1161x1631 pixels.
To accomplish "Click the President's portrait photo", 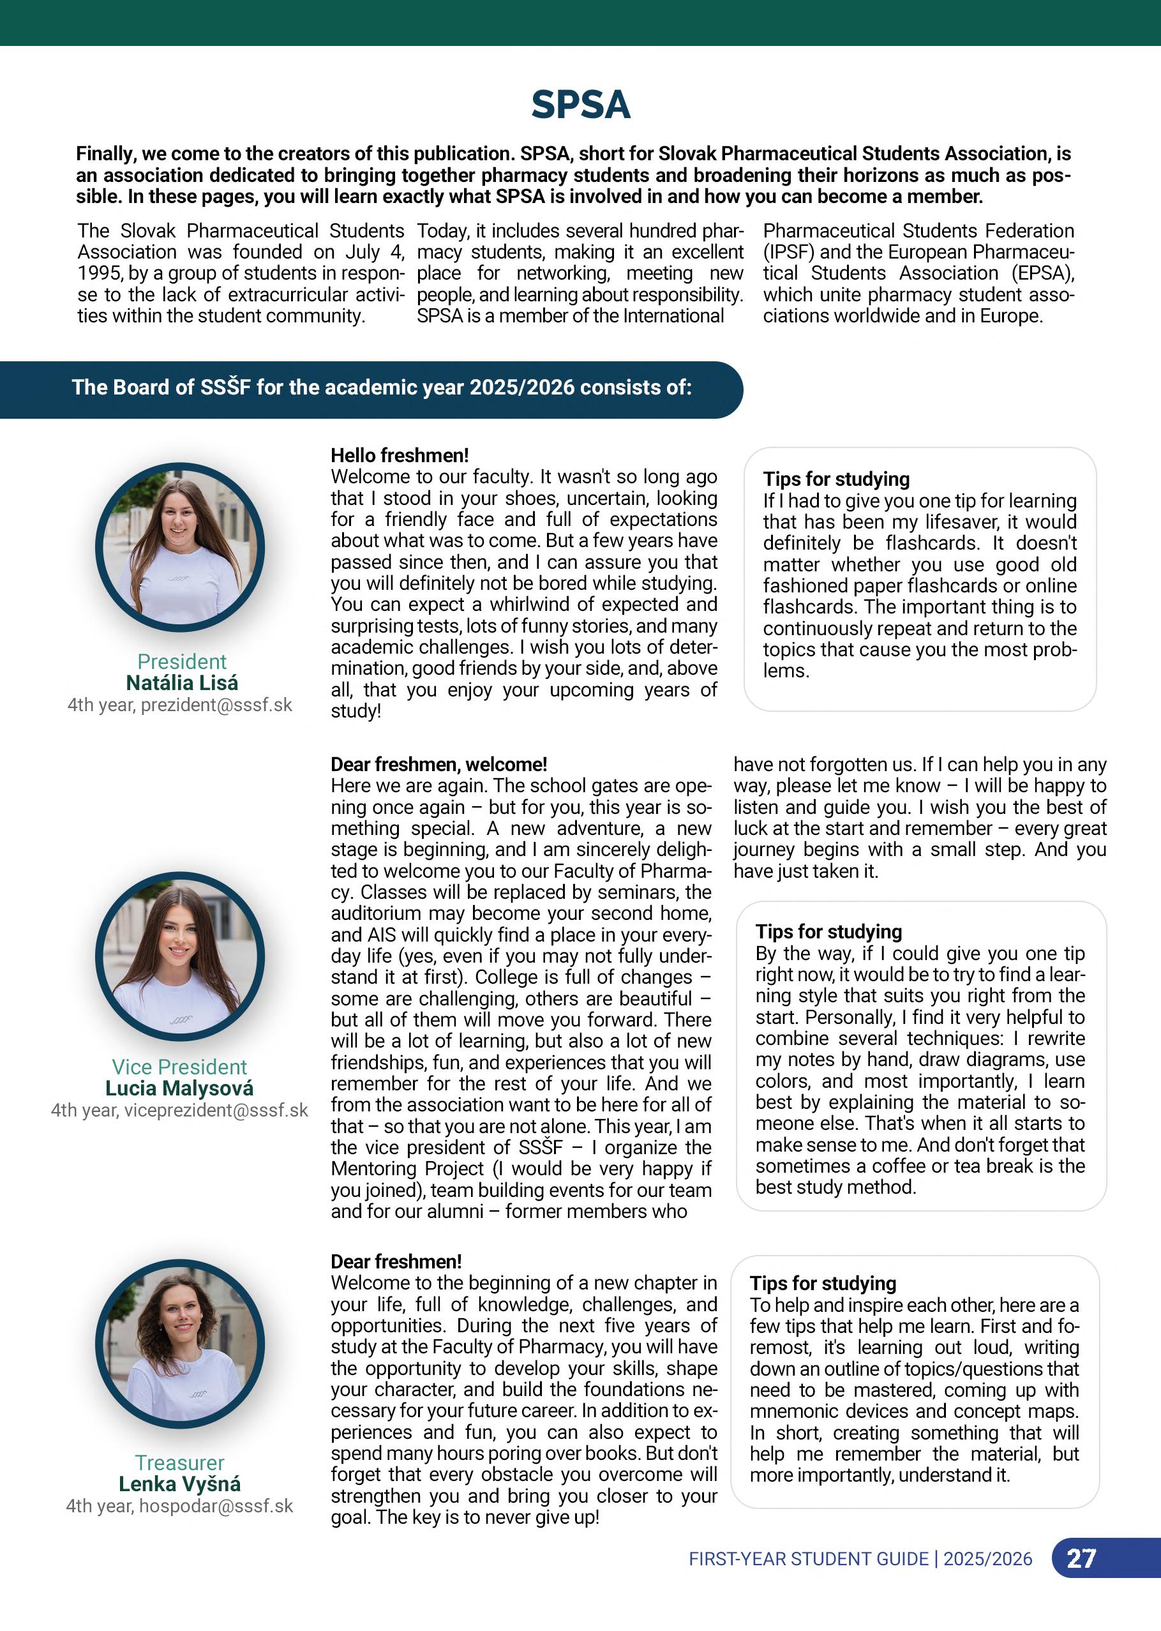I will pos(180,548).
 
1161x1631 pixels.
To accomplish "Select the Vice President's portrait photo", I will pos(180,957).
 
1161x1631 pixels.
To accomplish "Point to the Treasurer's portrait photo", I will pos(180,1344).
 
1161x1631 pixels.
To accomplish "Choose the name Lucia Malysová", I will pos(179,1088).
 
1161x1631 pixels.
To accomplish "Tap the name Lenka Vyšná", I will pos(179,1484).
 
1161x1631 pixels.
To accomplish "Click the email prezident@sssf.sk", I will pos(216,705).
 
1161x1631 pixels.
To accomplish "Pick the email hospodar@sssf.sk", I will pos(216,1506).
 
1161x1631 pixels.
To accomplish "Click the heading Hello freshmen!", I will pos(400,456).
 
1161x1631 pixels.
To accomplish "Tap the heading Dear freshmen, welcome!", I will pos(438,764).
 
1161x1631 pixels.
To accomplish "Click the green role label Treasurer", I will pos(179,1462).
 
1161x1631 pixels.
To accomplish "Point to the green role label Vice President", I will pos(179,1067).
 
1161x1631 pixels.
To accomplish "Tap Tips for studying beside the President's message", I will pos(835,479).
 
